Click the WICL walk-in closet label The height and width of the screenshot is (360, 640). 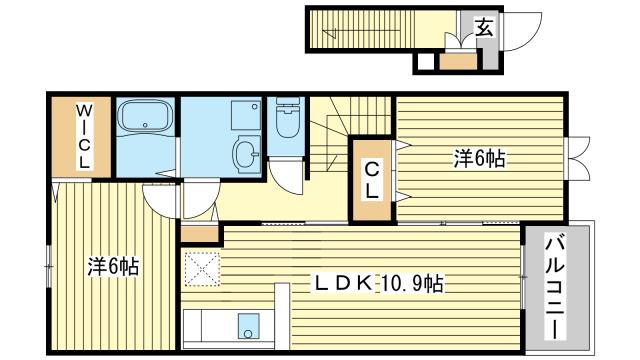pos(84,137)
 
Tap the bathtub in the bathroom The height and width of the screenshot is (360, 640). pos(144,116)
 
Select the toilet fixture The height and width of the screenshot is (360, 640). pos(288,117)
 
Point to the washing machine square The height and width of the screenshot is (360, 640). pos(246,116)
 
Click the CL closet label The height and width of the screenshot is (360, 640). pos(371,180)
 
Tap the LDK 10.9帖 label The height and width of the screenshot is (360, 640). pos(378,283)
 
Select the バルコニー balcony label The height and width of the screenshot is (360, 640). pos(555,288)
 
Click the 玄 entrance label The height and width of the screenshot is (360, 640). pos(484,28)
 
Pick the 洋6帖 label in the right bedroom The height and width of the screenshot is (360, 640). pos(479,158)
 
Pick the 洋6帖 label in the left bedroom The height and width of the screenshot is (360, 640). pos(113,267)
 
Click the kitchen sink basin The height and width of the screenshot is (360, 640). pos(249,326)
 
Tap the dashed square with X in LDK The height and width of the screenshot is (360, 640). pos(202,269)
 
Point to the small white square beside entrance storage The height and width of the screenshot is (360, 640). pos(425,62)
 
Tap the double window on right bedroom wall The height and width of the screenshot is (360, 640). pos(577,158)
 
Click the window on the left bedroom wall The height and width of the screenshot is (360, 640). pos(49,267)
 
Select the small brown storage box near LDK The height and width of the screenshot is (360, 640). pos(200,234)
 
